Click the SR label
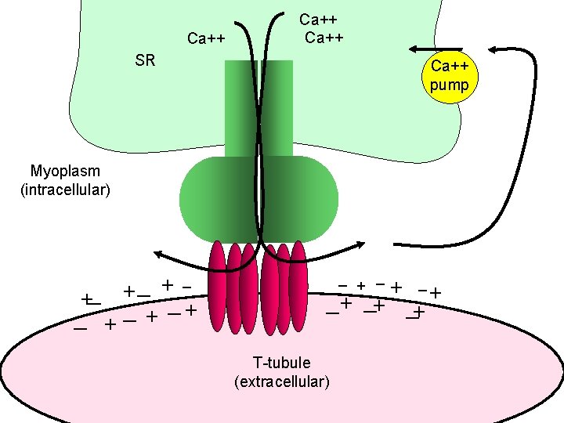pyautogui.click(x=145, y=60)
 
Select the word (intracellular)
pyautogui.click(x=65, y=190)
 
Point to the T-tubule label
pyautogui.click(x=281, y=363)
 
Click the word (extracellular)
pyautogui.click(x=281, y=381)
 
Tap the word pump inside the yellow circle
pyautogui.click(x=450, y=85)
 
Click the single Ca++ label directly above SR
pyautogui.click(x=207, y=38)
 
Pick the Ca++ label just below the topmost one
pyautogui.click(x=324, y=38)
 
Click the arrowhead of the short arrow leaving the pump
pyautogui.click(x=414, y=49)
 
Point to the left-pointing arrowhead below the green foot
pyautogui.click(x=157, y=252)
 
